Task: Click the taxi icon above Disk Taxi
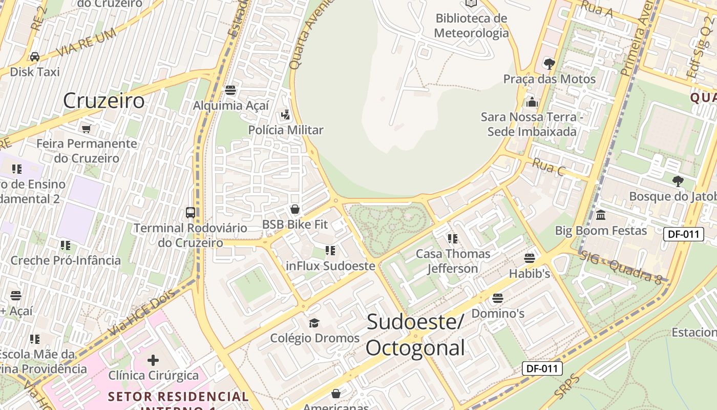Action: pyautogui.click(x=35, y=56)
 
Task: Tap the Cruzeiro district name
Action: pyautogui.click(x=104, y=101)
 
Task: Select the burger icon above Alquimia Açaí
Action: pyautogui.click(x=230, y=90)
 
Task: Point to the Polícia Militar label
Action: pyautogui.click(x=286, y=130)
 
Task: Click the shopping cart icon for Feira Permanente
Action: pyautogui.click(x=87, y=128)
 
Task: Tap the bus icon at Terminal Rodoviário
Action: pyautogui.click(x=190, y=212)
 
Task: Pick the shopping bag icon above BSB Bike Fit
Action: pyautogui.click(x=294, y=209)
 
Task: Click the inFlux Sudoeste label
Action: pyautogui.click(x=330, y=266)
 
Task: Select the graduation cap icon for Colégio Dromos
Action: pyautogui.click(x=314, y=323)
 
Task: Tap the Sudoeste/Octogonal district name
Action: pyautogui.click(x=415, y=335)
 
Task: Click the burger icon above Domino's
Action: pyautogui.click(x=497, y=298)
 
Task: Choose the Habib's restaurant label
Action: pyautogui.click(x=529, y=274)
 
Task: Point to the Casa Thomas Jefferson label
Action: pyautogui.click(x=453, y=261)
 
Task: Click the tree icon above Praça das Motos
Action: pyautogui.click(x=550, y=64)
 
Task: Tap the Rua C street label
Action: pyautogui.click(x=549, y=167)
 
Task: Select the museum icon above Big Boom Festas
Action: pyautogui.click(x=601, y=215)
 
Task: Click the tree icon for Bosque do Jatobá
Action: pyautogui.click(x=678, y=181)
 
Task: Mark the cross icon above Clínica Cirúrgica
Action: pyautogui.click(x=153, y=360)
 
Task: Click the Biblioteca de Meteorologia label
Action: pyautogui.click(x=471, y=26)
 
